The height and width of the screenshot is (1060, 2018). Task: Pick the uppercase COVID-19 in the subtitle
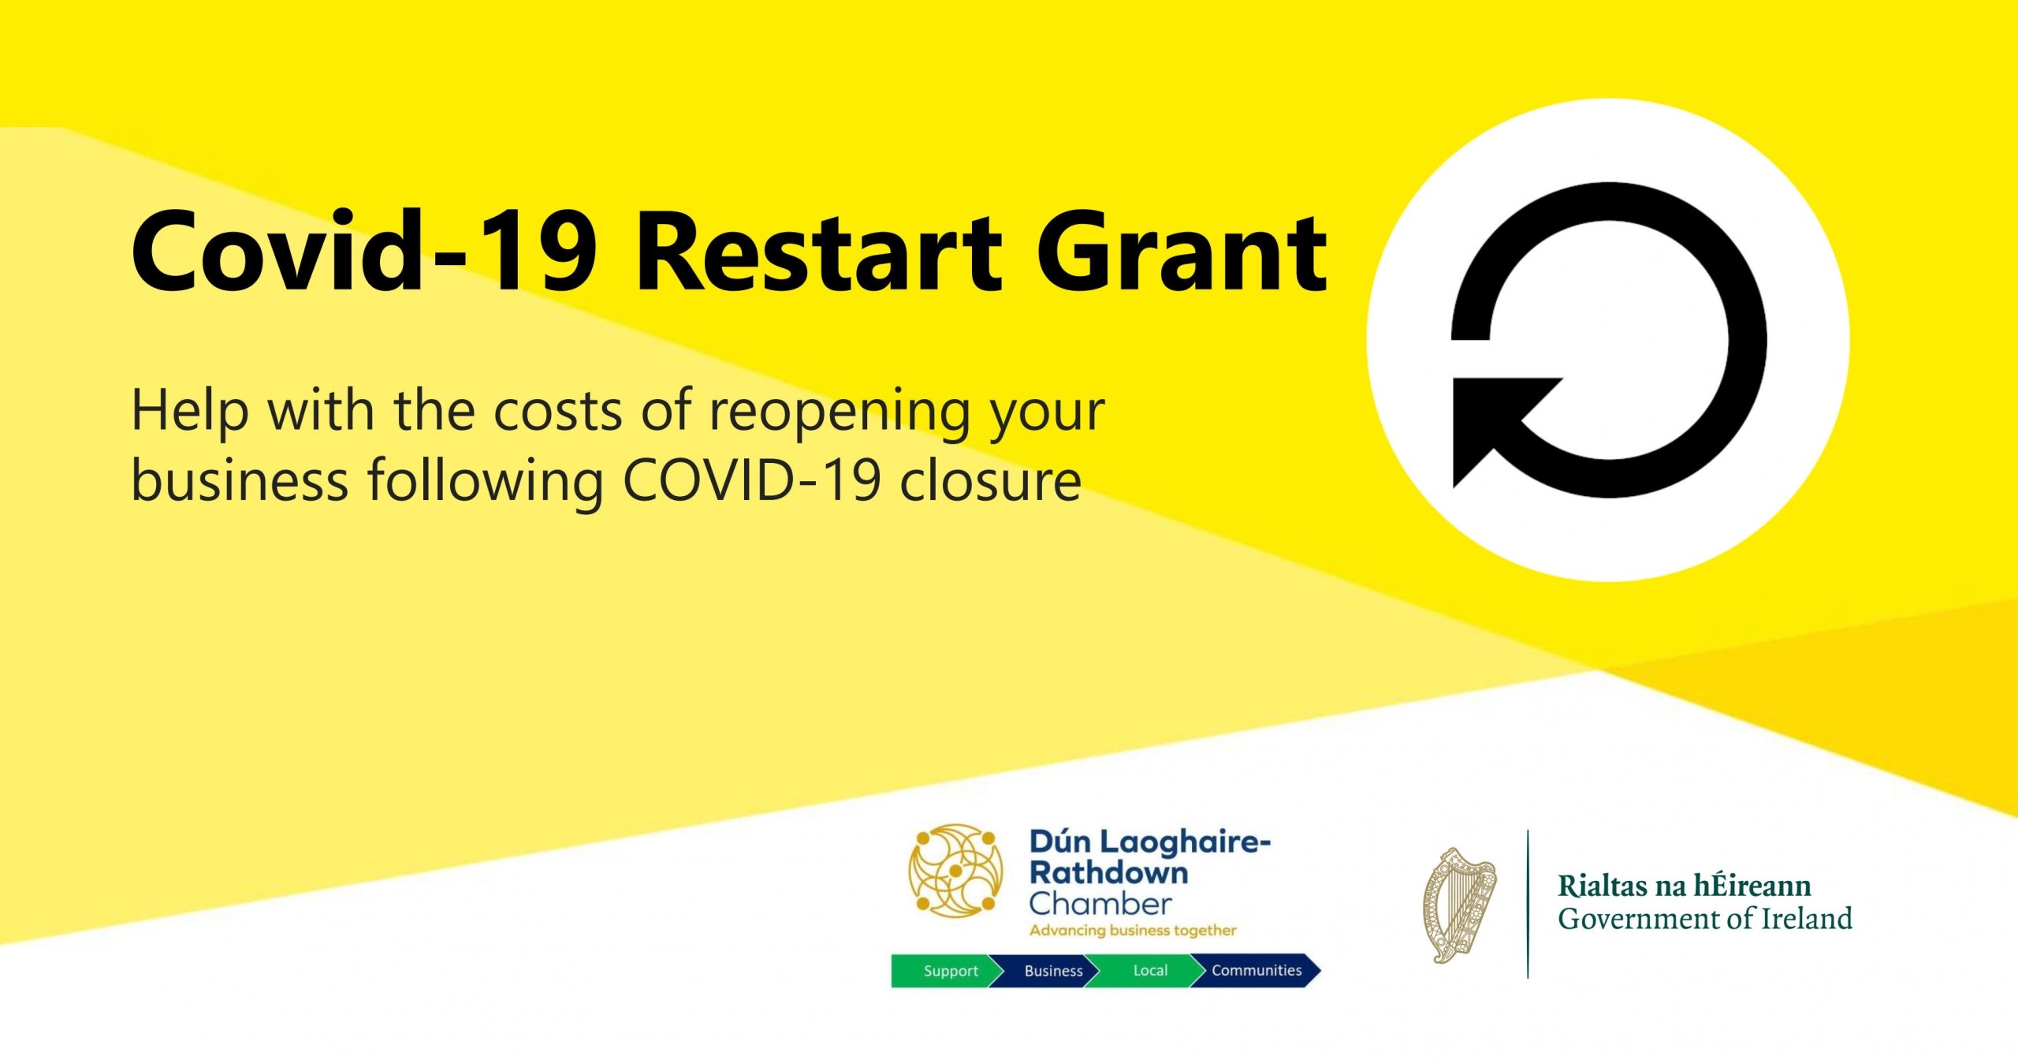coord(751,480)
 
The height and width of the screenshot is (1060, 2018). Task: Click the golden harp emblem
coord(1459,905)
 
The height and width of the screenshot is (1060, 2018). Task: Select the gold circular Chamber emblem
coord(955,871)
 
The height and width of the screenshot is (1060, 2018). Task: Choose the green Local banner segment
coord(1147,971)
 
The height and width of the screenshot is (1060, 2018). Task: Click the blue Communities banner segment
coord(1256,971)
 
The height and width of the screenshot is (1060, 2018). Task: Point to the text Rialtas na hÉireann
coord(1685,886)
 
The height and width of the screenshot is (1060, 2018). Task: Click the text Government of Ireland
coord(1705,919)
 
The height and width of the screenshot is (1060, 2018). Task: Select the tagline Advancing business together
coord(1133,931)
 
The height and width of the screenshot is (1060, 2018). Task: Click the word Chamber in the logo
coord(1100,903)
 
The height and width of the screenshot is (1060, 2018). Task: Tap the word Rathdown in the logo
coord(1108,872)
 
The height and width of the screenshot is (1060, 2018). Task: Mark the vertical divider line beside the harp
coord(1528,904)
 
